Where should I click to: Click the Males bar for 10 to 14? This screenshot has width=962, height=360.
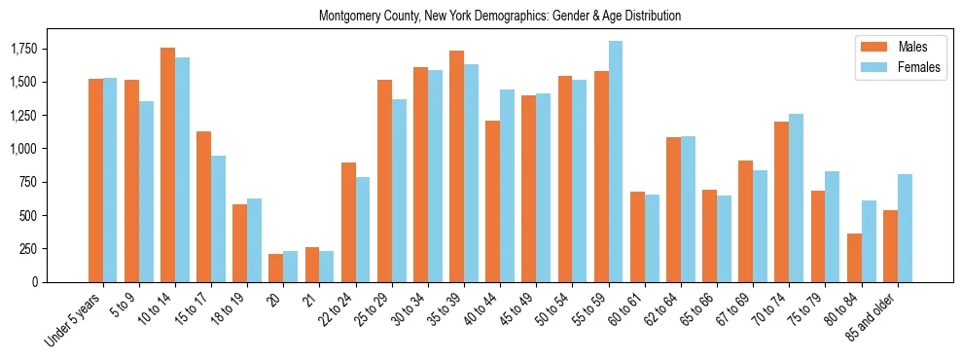tap(167, 164)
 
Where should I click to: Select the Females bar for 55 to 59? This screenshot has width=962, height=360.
tap(616, 162)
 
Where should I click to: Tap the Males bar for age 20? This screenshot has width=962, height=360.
tap(276, 268)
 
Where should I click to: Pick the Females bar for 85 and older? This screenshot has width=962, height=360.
tap(905, 228)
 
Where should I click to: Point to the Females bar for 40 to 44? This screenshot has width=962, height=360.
tap(507, 185)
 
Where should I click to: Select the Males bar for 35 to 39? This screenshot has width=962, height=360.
tap(457, 165)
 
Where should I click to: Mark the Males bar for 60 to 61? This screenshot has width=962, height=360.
tap(637, 236)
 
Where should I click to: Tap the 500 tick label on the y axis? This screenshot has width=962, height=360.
tap(29, 215)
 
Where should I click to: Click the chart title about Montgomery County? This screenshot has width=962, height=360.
tap(500, 17)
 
